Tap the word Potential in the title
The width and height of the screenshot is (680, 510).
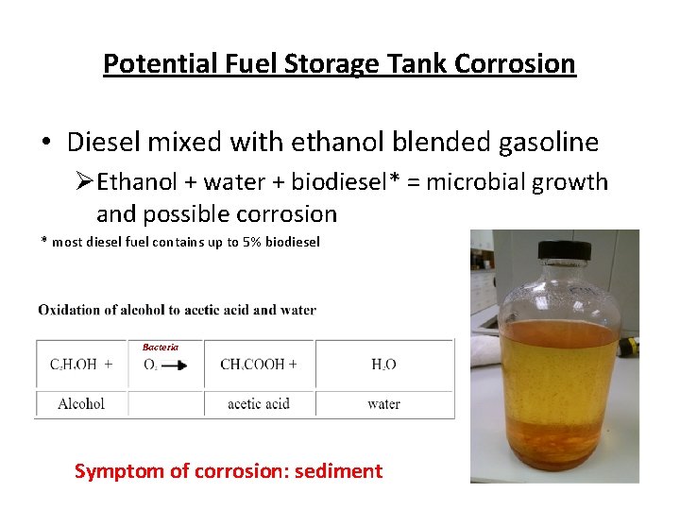(x=146, y=64)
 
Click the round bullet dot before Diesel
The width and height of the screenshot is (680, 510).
(x=46, y=144)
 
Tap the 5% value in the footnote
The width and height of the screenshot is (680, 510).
(x=250, y=242)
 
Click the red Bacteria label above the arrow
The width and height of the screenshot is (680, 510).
(x=161, y=348)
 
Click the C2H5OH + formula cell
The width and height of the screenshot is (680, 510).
(x=81, y=365)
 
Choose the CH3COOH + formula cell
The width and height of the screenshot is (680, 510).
(x=258, y=365)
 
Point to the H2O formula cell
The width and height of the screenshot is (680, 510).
(x=383, y=365)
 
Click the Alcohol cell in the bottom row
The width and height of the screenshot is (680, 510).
(x=81, y=404)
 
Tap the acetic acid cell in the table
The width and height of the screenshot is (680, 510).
(x=258, y=404)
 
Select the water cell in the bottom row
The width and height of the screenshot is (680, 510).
(x=383, y=404)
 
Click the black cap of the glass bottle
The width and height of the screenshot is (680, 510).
(x=564, y=250)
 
